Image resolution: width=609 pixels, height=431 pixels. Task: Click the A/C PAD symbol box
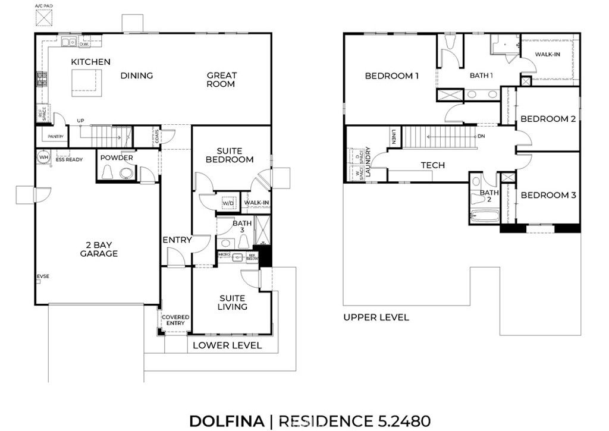click(43, 17)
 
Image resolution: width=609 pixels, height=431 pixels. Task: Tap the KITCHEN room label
click(90, 62)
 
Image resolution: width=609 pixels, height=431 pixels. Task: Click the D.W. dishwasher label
click(84, 44)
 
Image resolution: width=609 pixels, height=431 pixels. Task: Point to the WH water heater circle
click(43, 158)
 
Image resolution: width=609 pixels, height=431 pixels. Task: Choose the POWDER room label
click(117, 158)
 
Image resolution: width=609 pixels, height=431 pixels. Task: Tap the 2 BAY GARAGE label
click(99, 248)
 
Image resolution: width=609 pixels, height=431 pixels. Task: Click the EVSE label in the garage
click(43, 276)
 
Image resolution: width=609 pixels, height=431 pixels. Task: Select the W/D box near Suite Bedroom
click(228, 203)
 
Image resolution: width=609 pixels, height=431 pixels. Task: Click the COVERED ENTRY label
click(175, 320)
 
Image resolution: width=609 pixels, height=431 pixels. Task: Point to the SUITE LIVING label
click(233, 302)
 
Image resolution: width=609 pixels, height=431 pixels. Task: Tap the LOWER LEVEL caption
click(227, 345)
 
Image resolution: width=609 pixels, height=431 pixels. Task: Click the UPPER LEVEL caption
click(376, 317)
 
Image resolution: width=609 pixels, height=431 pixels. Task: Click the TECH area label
click(432, 165)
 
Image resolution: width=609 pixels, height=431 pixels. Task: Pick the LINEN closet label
click(394, 137)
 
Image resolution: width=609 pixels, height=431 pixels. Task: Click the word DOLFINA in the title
click(226, 421)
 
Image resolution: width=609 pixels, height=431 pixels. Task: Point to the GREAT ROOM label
click(221, 80)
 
